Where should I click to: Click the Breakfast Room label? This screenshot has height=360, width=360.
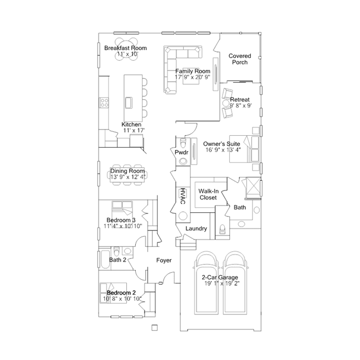click(x=125, y=48)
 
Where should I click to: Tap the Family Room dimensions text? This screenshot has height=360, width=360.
click(x=192, y=77)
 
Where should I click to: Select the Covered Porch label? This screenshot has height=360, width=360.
click(x=239, y=59)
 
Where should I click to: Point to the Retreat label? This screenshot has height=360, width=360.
click(x=240, y=100)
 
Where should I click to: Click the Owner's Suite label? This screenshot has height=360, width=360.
click(x=223, y=144)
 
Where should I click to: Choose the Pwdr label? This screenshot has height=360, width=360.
click(x=181, y=153)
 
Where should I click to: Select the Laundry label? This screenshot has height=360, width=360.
click(x=196, y=229)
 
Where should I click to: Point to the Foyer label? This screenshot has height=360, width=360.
click(x=164, y=260)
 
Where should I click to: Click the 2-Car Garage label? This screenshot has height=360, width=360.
click(x=220, y=278)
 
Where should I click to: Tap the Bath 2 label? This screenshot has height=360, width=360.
click(x=118, y=260)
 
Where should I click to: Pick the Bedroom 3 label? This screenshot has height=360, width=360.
click(x=121, y=220)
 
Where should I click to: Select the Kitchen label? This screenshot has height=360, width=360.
click(x=132, y=125)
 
